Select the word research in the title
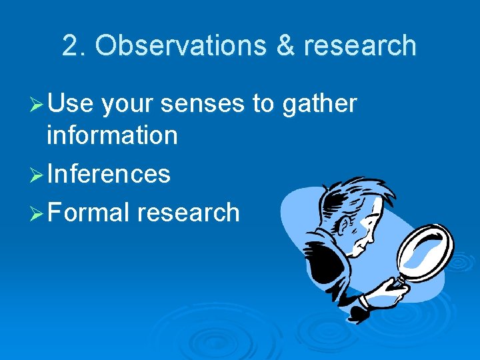pos(360,46)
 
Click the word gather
pos(320,105)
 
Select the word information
pos(112,135)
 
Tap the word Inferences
pos(109,174)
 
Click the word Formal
pos(89,213)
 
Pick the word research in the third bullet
pos(188,213)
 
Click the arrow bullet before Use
pos(37,105)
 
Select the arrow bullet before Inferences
pos(37,175)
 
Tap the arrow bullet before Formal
pos(37,213)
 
